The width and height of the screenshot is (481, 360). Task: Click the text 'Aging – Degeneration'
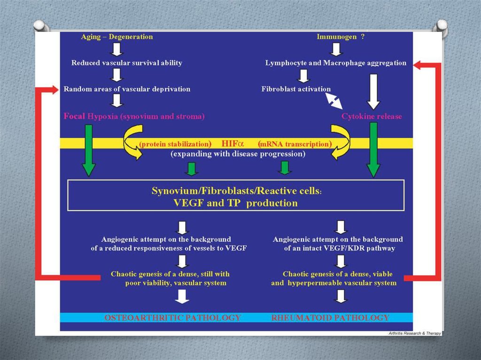[x=116, y=37]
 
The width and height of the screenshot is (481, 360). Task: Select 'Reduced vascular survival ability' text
[x=126, y=62]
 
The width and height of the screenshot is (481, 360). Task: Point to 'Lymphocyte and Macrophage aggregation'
[x=336, y=63]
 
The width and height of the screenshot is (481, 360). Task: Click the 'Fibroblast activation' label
[x=296, y=89]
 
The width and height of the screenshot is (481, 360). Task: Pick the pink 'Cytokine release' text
[x=372, y=116]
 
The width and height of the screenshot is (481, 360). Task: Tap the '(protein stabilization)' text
[x=175, y=144]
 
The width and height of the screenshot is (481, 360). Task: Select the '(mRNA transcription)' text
[x=295, y=144]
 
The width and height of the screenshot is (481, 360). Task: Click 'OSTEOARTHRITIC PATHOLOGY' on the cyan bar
[x=172, y=318]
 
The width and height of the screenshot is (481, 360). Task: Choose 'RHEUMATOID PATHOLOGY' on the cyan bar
[x=330, y=318]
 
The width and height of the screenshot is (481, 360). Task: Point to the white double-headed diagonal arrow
[x=334, y=100]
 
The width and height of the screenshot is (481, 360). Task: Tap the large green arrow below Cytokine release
[x=373, y=150]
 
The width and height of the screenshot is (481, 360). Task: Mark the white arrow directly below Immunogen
[x=334, y=48]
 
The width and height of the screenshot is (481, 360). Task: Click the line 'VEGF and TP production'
[x=236, y=203]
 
